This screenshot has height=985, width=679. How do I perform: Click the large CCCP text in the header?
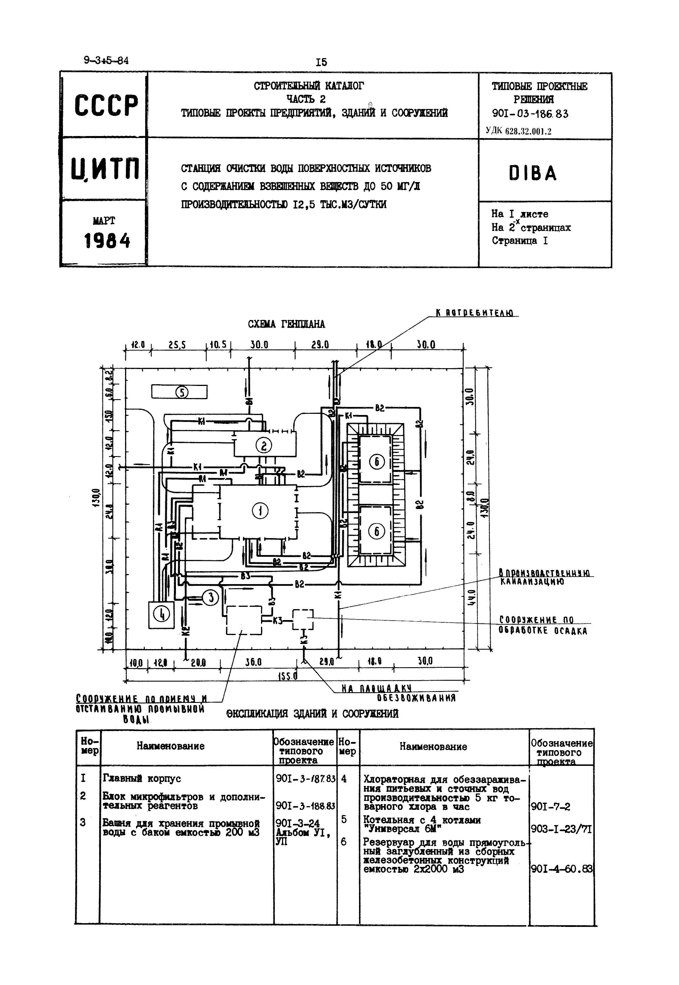coord(106,105)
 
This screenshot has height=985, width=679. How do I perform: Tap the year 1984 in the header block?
coord(107,241)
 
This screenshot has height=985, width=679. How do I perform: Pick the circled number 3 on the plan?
coord(210,598)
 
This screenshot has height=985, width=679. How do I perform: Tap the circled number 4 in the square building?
coord(161,614)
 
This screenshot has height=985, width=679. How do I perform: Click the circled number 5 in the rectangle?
coord(182,392)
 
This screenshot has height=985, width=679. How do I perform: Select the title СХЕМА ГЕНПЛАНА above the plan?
coord(286,324)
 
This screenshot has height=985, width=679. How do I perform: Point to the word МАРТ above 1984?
coord(104,221)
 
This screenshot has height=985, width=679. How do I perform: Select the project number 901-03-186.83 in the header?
coord(530,114)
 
